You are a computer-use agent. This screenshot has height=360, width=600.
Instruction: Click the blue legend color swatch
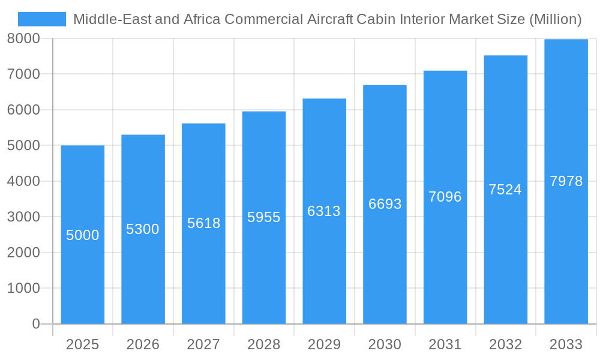pos(41,19)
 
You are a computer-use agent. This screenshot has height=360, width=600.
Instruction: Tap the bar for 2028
pos(264,270)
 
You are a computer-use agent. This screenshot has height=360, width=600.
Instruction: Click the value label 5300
pos(143,229)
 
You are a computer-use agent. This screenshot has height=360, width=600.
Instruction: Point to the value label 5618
pos(203,223)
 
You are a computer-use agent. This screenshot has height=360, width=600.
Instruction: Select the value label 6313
pos(324,211)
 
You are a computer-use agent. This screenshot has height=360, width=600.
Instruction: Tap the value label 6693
pos(385,204)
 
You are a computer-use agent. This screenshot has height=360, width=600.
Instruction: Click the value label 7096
pos(445,197)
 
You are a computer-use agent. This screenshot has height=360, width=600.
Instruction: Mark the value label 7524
pos(505,190)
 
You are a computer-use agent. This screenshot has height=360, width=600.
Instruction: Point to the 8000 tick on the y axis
pos(23,38)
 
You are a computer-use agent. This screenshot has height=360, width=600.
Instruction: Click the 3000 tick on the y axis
pos(23,217)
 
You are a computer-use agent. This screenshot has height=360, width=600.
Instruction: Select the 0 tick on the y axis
pos(35,324)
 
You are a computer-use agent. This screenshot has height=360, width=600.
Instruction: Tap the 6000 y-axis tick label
pos(23,110)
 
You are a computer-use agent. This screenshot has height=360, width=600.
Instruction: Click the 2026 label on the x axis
pos(143,344)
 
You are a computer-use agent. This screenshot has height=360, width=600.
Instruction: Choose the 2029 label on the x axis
pos(324,344)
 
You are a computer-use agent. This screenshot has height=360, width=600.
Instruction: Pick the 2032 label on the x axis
pos(505,344)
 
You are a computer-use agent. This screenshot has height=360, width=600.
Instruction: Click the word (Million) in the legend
pos(555,19)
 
